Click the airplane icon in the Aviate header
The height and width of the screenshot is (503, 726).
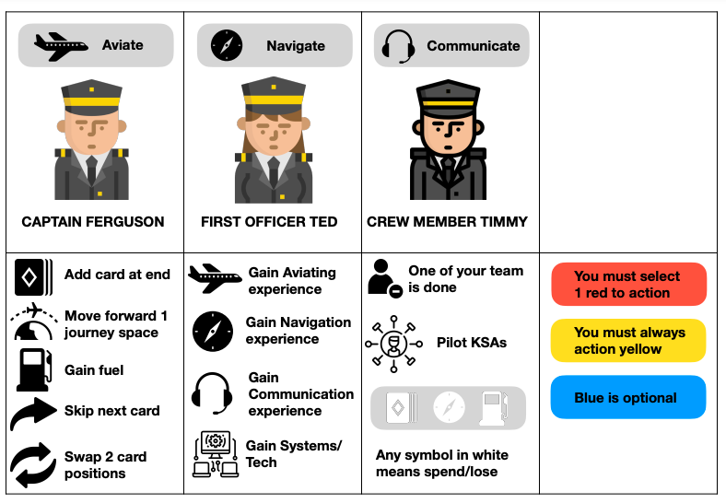point(61,46)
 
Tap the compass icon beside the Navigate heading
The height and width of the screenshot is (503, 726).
point(227,45)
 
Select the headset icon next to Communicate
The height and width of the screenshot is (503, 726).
point(398,46)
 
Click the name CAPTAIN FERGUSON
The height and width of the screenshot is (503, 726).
point(93,222)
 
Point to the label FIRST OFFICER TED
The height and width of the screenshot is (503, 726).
point(269,222)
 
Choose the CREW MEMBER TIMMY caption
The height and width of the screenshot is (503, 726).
point(447,222)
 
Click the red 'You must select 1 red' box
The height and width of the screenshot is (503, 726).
point(628,285)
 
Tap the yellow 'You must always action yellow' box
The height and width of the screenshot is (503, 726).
point(628,341)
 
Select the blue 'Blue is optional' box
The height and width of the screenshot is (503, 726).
point(628,397)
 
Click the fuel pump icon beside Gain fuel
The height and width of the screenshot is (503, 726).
point(34,370)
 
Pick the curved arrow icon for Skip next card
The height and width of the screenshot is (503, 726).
point(33,413)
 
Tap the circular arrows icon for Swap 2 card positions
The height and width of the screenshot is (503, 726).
point(32,464)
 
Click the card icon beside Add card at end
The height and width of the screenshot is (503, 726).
point(33,277)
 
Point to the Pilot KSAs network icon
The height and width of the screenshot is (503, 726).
point(393,344)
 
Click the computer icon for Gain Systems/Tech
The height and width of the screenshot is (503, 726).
point(216,454)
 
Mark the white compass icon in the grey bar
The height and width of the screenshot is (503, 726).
point(449,407)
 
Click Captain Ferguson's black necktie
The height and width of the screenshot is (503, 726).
point(92,170)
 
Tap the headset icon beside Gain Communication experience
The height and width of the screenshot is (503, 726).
point(212,393)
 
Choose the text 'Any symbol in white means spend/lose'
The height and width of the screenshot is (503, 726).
point(441,463)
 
